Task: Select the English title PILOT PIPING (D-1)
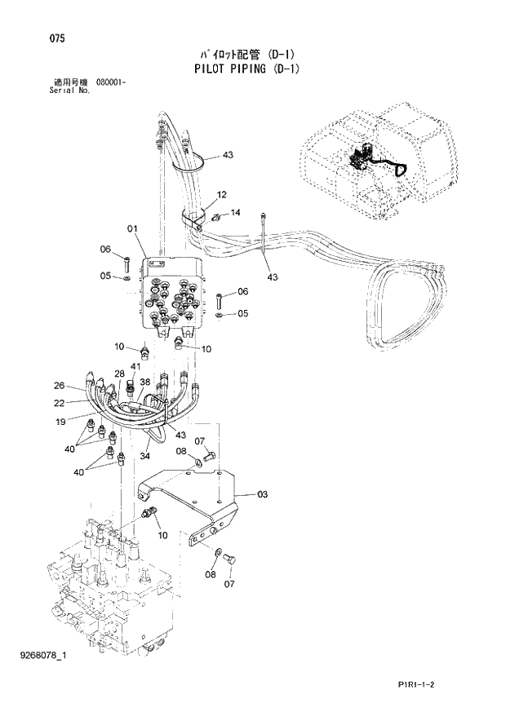tap(246, 69)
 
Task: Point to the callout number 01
tap(132, 228)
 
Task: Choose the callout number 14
tap(235, 213)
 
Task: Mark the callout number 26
tap(59, 386)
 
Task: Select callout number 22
tap(59, 401)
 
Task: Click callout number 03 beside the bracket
tap(262, 494)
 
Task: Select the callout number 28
tap(119, 374)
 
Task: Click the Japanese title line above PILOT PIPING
tap(245, 55)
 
